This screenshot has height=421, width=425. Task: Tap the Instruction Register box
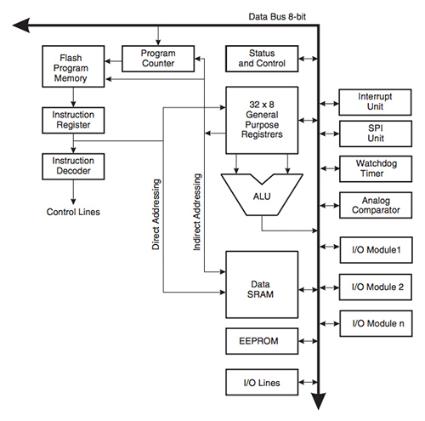tap(74, 119)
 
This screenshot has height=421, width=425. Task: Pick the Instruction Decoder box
tap(74, 165)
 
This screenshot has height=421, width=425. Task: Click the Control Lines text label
tap(74, 212)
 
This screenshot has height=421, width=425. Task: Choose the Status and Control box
tap(261, 59)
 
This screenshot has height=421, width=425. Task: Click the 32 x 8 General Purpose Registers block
tap(261, 120)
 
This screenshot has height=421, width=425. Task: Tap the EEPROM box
tap(261, 341)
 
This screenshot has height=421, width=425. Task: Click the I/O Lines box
tap(261, 382)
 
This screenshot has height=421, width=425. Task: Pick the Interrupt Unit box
tap(376, 102)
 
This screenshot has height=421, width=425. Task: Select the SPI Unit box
tap(376, 133)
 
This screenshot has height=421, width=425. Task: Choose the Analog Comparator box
tap(376, 206)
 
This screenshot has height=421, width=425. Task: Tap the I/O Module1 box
tap(376, 250)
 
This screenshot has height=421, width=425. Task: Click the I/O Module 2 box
tap(376, 287)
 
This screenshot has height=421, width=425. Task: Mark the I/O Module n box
tap(376, 322)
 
